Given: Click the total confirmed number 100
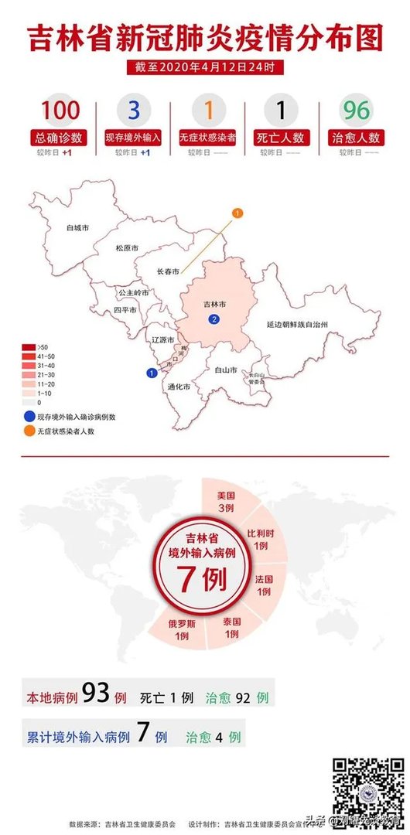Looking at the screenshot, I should [x=60, y=111].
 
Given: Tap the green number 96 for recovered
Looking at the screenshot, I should [x=357, y=111].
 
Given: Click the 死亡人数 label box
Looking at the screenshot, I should [x=281, y=138].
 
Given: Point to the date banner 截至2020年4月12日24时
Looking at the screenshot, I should [x=205, y=67].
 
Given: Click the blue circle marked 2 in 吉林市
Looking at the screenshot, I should [x=213, y=320].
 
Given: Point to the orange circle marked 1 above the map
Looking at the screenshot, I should [x=237, y=212].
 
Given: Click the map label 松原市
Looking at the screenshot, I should [x=126, y=248].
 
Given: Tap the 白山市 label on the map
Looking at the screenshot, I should [x=226, y=370].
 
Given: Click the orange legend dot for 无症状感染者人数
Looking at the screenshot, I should [x=28, y=431].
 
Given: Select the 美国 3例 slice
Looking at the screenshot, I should [x=225, y=501].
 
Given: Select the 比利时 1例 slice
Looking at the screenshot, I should [x=259, y=539].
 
